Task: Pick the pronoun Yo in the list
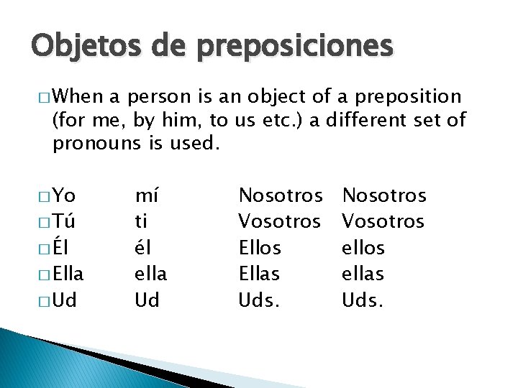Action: click(x=65, y=195)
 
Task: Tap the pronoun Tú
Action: click(x=65, y=221)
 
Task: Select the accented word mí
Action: click(x=147, y=195)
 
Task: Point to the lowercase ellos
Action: click(x=363, y=248)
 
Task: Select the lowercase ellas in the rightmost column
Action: click(x=363, y=274)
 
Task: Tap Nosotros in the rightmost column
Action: click(x=384, y=195)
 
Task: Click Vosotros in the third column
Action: click(x=280, y=221)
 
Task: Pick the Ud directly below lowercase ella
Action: click(x=147, y=300)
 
